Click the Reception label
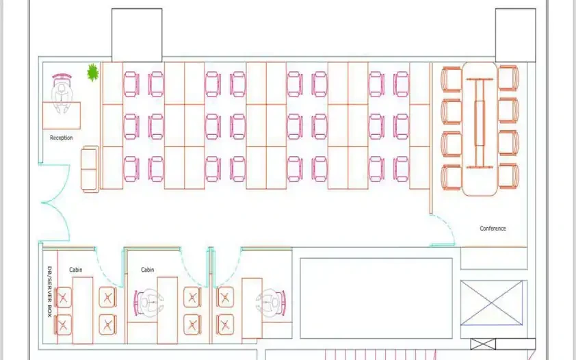pyautogui.click(x=62, y=138)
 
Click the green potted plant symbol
pyautogui.click(x=92, y=73)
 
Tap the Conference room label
pyautogui.click(x=493, y=228)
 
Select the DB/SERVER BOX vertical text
pyautogui.click(x=50, y=292)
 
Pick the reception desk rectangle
pyautogui.click(x=62, y=116)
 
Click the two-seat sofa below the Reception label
pyautogui.click(x=90, y=169)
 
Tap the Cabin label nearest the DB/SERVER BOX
pyautogui.click(x=76, y=270)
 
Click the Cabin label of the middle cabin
pyautogui.click(x=147, y=270)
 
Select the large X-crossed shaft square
pyautogui.click(x=491, y=303)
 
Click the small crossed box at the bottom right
pyautogui.click(x=483, y=344)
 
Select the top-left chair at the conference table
pyautogui.click(x=451, y=79)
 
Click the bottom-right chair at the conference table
pyautogui.click(x=508, y=177)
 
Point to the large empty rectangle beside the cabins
pyautogui.click(x=376, y=298)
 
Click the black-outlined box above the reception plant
pyautogui.click(x=137, y=36)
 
